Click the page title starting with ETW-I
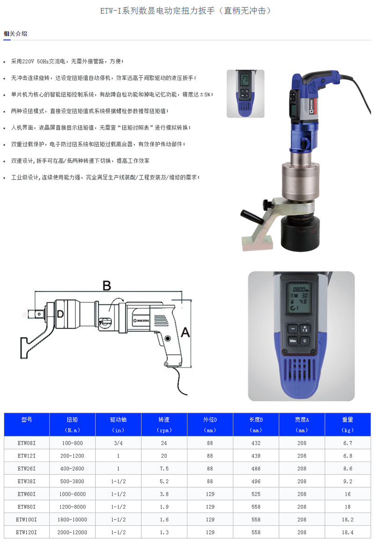pos(186,10)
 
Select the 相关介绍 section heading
pos(15,34)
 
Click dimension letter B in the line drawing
pos(107,285)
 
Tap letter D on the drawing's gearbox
pos(60,313)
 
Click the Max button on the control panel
pos(293,341)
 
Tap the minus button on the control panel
pos(293,329)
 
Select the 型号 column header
pos(27,419)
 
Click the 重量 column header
pos(347,419)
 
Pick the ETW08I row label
pos(27,443)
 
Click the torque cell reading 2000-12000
pos(72,532)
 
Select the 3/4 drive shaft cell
pos(118,443)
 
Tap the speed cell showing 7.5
pos(164,469)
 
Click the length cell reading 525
pos(256,494)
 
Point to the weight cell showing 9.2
pos(347,481)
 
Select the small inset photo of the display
pos(245,94)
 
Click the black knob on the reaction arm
pos(267,204)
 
